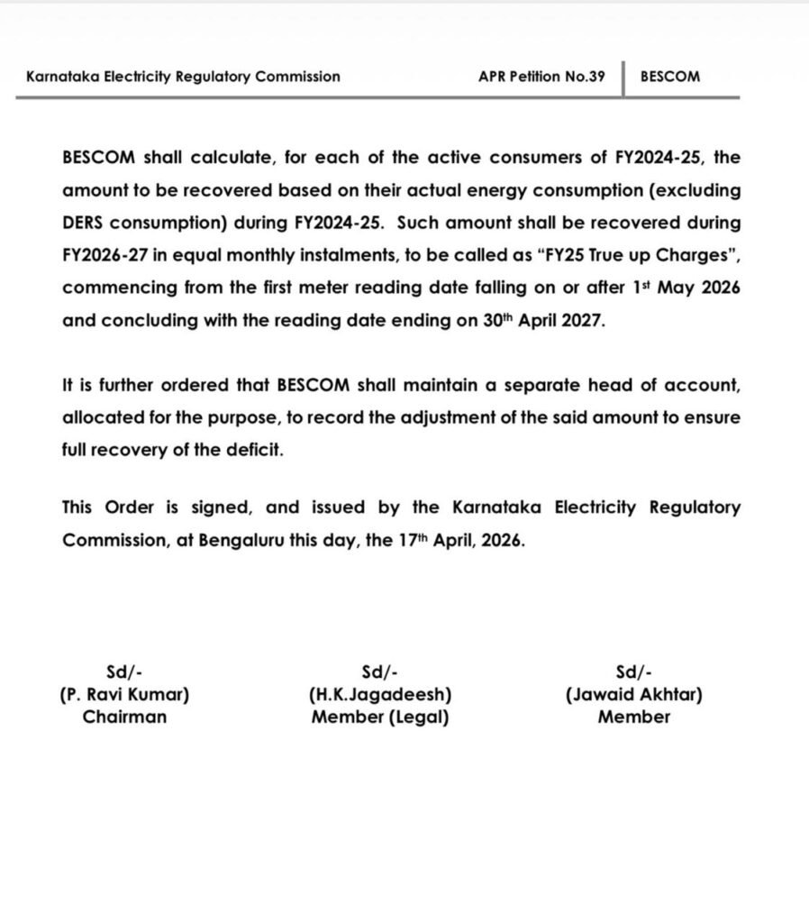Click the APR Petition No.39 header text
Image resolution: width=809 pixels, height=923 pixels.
point(541,77)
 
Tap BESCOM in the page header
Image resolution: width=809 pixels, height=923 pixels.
point(669,77)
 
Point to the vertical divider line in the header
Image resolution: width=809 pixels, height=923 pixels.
point(623,77)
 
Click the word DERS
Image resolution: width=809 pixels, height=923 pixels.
point(86,223)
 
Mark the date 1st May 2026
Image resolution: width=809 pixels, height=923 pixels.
point(685,288)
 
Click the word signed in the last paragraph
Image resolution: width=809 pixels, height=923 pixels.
point(221,507)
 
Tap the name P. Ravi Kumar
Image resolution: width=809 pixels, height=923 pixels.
point(124,695)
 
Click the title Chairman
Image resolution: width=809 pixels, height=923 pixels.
point(124,717)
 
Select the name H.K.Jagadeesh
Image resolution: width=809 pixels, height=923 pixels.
point(379,695)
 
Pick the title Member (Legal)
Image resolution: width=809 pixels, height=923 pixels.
point(379,717)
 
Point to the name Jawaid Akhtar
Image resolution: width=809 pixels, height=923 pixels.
point(634,695)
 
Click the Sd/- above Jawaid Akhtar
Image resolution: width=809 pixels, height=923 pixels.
point(634,672)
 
